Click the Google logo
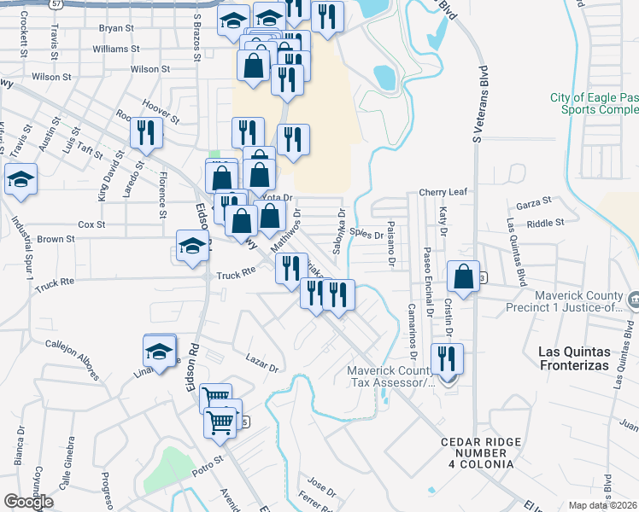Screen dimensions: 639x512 tap(28, 502)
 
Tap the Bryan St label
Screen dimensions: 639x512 tap(117, 28)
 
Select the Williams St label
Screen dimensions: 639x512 tap(110, 49)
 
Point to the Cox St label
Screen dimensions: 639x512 tap(91, 224)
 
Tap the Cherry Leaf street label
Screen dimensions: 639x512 tap(443, 193)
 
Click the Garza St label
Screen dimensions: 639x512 tap(534, 205)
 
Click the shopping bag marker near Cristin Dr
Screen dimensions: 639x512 tap(463, 277)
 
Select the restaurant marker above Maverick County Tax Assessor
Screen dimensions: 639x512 tap(446, 358)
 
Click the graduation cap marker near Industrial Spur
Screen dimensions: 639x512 tap(21, 180)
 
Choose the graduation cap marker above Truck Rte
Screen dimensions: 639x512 tap(192, 246)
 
